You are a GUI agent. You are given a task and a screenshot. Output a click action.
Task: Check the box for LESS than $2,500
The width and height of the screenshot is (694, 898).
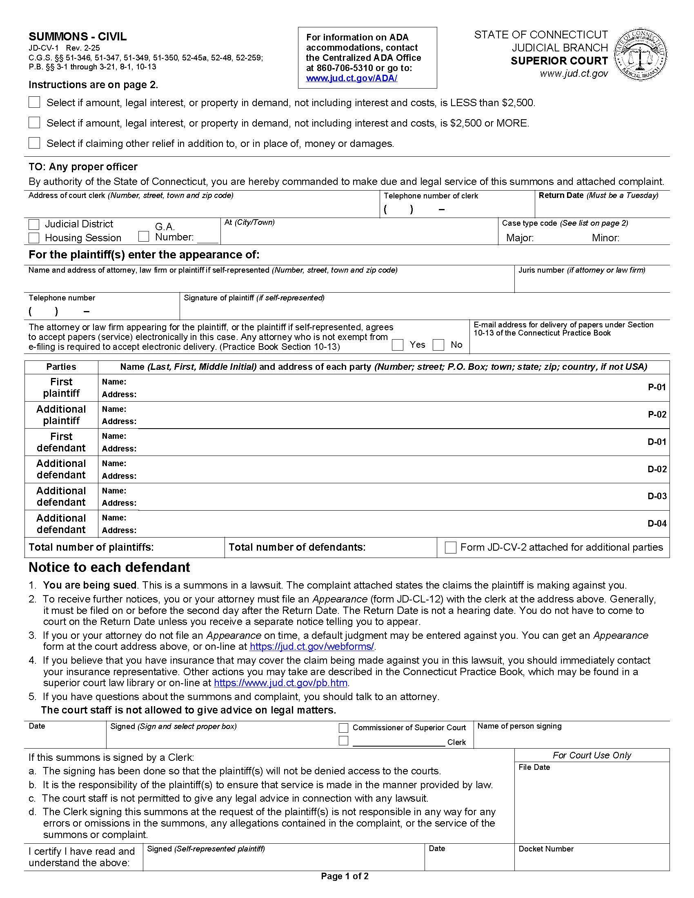pos(34,102)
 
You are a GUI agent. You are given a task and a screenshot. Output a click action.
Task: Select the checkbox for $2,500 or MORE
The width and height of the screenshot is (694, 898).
pos(34,122)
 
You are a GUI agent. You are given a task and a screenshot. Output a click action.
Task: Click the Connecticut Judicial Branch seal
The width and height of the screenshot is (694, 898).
pos(640,54)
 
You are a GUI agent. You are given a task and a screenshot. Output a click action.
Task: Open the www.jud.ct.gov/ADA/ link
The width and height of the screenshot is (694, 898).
pos(351,78)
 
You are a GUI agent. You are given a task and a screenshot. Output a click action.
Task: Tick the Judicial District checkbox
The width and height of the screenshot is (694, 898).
pos(34,224)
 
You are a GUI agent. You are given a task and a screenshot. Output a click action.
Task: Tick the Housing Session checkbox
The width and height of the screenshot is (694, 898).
pos(34,238)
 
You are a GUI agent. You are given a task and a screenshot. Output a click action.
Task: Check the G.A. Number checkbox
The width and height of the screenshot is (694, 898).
pos(143,236)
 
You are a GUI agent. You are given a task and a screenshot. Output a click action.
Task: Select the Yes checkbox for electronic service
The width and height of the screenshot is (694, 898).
pos(398,345)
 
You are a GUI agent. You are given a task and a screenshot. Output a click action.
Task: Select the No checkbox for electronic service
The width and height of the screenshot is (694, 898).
pos(439,345)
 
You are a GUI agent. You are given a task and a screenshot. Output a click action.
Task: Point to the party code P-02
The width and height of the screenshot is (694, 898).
pos(656,414)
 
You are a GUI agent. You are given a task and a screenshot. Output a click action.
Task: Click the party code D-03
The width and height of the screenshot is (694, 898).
pos(656,496)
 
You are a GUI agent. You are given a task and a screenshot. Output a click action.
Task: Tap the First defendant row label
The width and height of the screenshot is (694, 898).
pos(61,442)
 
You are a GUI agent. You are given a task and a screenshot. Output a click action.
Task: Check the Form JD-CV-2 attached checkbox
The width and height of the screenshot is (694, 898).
pos(451,548)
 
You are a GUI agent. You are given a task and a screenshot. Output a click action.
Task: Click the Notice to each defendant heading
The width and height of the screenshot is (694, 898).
pos(109,567)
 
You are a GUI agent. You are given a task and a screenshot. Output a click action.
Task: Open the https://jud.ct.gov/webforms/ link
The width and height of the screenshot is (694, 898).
pos(312,647)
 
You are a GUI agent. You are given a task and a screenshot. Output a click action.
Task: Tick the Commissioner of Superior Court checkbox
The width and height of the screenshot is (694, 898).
pos(343,728)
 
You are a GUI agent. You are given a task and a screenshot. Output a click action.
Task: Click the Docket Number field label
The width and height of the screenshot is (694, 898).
pos(545,849)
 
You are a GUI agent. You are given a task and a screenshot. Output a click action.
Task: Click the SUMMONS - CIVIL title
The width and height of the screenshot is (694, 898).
pos(77,37)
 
